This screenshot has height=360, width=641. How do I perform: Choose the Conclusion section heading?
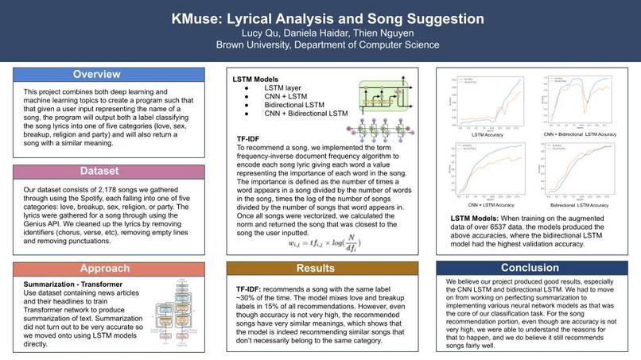point(531,268)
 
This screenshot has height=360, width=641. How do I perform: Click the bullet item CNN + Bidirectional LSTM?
point(308,113)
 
